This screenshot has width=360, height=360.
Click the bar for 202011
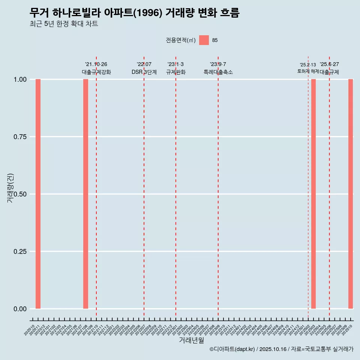[x=38, y=194]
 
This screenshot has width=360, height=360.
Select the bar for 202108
[x=85, y=194]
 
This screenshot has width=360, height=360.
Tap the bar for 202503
[x=313, y=194]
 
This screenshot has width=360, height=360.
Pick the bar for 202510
[x=351, y=194]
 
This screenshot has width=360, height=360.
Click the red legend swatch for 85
[x=204, y=40]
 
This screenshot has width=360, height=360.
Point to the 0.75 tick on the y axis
[x=20, y=137]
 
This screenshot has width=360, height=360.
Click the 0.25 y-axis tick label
[x=20, y=252]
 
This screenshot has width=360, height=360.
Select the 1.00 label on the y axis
[x=20, y=79]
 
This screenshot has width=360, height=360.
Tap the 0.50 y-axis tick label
[x=20, y=194]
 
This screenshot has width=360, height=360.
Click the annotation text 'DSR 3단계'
[x=144, y=72]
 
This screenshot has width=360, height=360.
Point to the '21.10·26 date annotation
[x=96, y=64]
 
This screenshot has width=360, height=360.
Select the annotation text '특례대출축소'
[x=218, y=72]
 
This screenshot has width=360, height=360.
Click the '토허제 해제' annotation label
[x=308, y=71]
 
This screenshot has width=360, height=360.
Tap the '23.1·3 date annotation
[x=175, y=64]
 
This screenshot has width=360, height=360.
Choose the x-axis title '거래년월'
[x=191, y=340]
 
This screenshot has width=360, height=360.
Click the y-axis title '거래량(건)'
[x=10, y=188]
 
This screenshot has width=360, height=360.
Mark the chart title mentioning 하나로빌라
[x=134, y=13]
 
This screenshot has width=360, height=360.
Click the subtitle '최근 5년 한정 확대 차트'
[x=64, y=24]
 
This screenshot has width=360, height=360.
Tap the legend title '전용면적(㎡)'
[x=181, y=40]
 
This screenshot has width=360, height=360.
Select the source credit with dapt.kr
[x=281, y=349]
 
